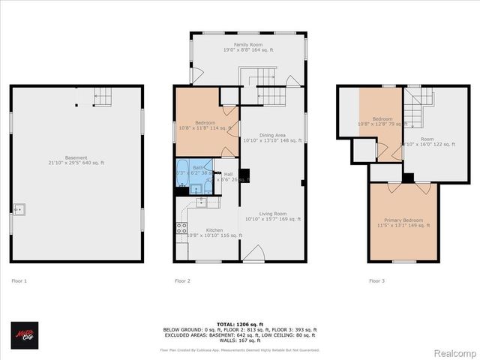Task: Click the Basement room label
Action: coord(76,160)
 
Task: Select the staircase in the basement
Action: coord(103,95)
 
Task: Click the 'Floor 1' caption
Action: coord(19,281)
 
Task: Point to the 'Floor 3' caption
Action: coord(376,281)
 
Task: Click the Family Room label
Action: coord(247,47)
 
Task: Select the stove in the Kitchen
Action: coord(181,228)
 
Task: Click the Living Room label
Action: coord(272,216)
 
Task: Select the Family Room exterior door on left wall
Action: coord(196,76)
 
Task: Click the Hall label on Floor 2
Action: coord(227,175)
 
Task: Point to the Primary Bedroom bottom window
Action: coord(403,262)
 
